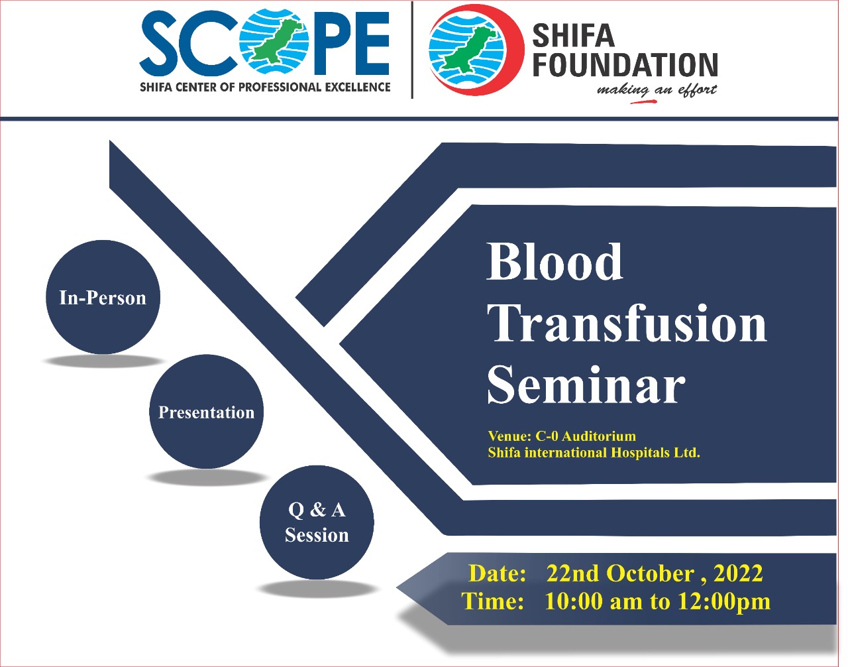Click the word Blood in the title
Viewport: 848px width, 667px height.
555,261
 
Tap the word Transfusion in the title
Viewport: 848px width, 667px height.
627,324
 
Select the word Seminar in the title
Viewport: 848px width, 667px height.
586,385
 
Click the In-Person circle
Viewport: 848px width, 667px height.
103,297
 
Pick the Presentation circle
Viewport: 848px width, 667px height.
207,412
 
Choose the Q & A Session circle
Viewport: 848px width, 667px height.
317,522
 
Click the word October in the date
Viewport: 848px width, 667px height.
650,574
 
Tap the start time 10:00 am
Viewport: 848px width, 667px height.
593,601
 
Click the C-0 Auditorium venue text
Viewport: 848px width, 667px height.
586,436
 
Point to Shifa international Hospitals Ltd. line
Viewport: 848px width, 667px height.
594,453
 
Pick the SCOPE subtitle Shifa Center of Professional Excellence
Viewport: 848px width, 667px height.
265,87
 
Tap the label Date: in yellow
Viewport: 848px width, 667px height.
497,574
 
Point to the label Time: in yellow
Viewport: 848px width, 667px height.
492,601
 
